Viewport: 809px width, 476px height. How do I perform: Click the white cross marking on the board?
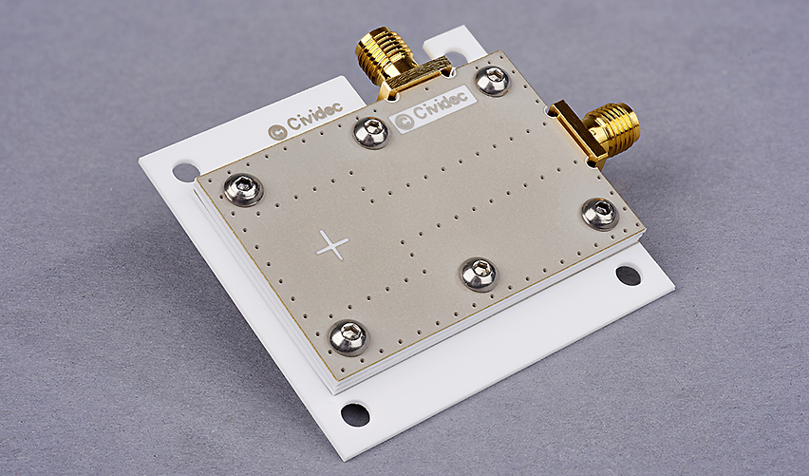[x=332, y=245]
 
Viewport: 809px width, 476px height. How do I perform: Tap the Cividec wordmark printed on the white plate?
[x=314, y=116]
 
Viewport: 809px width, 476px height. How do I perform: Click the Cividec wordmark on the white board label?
[x=440, y=105]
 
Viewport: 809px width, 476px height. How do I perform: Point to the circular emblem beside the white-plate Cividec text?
[x=277, y=132]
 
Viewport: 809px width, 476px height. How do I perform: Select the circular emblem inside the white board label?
[x=403, y=122]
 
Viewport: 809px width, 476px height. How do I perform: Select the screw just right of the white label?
[x=493, y=81]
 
